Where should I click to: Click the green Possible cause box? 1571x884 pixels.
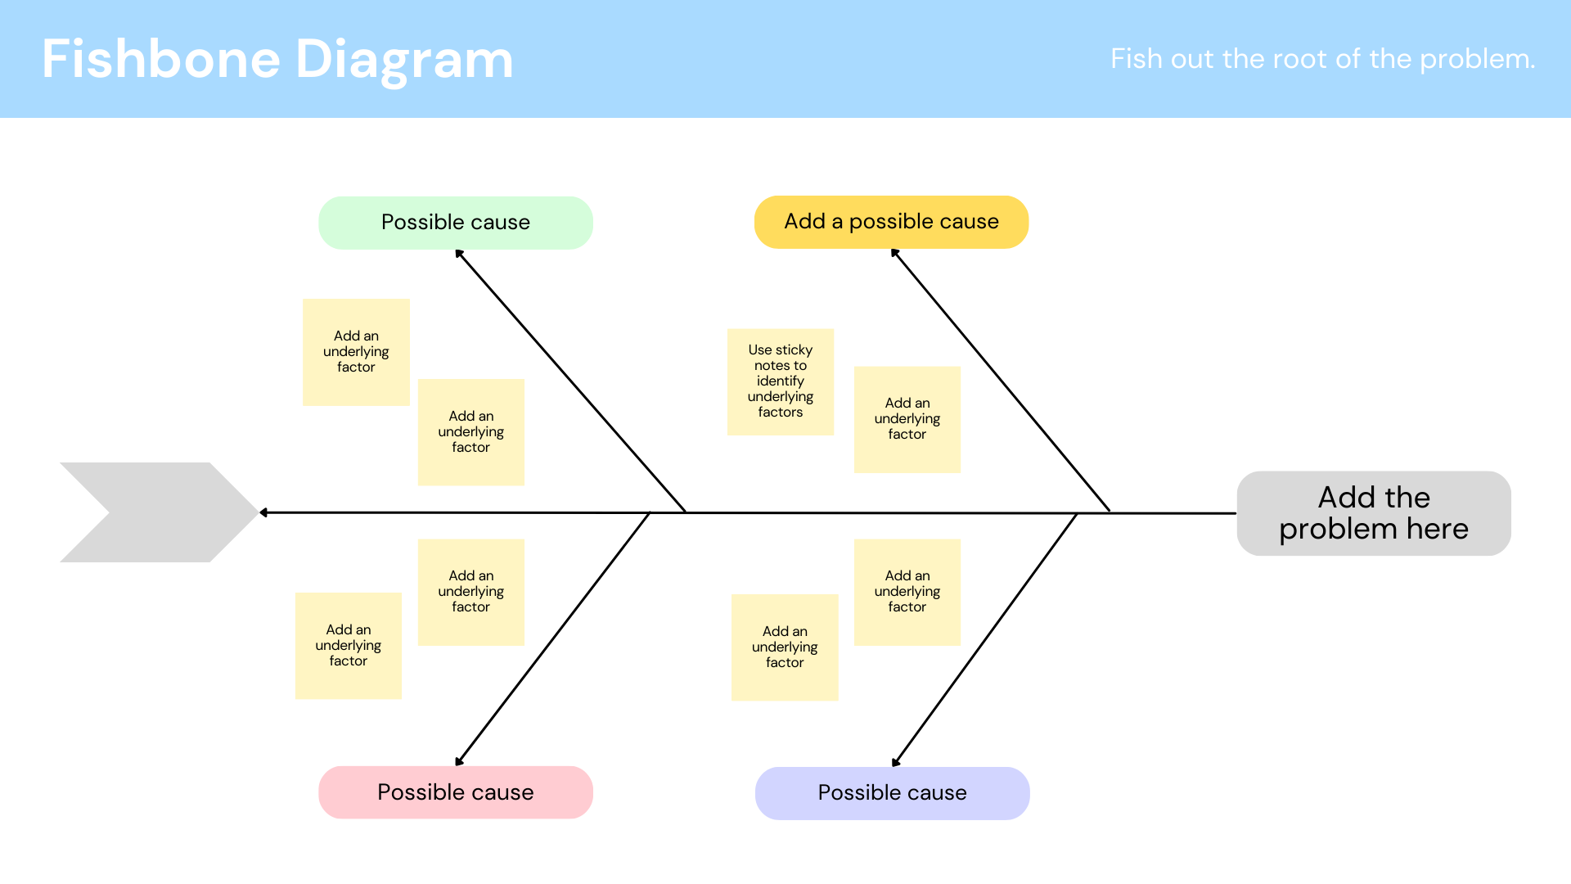pyautogui.click(x=455, y=223)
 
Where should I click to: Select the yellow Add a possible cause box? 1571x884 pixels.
pyautogui.click(x=891, y=222)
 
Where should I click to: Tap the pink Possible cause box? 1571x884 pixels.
pyautogui.click(x=455, y=792)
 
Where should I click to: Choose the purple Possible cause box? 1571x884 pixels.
pyautogui.click(x=892, y=793)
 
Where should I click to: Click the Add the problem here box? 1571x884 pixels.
pyautogui.click(x=1373, y=513)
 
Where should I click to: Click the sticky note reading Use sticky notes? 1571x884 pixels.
pyautogui.click(x=780, y=381)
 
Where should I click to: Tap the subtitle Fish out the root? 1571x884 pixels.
pyautogui.click(x=1322, y=59)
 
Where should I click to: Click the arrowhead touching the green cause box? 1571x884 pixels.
pyautogui.click(x=459, y=254)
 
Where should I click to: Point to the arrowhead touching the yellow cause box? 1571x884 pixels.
pyautogui.click(x=894, y=253)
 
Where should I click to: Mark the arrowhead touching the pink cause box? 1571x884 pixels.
pyautogui.click(x=459, y=761)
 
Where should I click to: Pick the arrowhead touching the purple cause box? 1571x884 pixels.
pyautogui.click(x=896, y=762)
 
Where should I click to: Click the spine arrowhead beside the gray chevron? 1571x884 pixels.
pyautogui.click(x=263, y=512)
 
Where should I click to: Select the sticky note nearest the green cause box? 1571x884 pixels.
pyautogui.click(x=356, y=352)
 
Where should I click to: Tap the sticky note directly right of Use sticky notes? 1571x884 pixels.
pyautogui.click(x=907, y=419)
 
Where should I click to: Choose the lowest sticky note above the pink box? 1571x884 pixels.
pyautogui.click(x=348, y=646)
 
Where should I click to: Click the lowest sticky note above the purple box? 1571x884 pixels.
pyautogui.click(x=784, y=647)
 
